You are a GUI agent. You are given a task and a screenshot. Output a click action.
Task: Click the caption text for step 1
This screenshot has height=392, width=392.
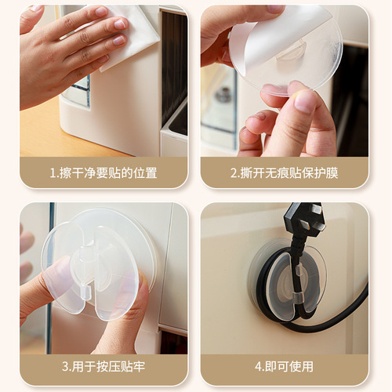click(103, 172)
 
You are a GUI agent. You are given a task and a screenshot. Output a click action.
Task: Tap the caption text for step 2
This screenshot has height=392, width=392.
click(284, 172)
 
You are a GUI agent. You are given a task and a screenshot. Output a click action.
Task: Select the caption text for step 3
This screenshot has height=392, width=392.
click(103, 366)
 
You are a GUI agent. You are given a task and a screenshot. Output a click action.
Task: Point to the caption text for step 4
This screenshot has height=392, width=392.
click(284, 366)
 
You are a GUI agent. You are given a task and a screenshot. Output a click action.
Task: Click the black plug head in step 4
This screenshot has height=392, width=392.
click(303, 220)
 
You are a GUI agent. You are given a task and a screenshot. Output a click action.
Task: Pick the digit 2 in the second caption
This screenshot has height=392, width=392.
click(234, 172)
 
